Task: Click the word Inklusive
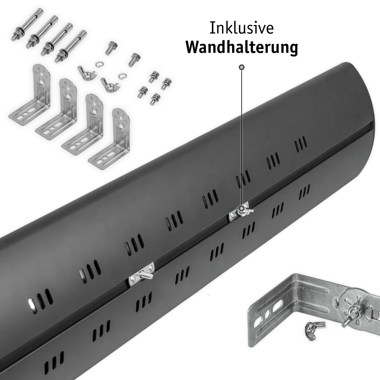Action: tap(241, 28)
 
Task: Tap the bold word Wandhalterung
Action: tap(242, 47)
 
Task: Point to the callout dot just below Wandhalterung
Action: tap(242, 67)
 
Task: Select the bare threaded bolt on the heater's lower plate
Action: tap(146, 275)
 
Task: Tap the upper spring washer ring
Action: tap(99, 64)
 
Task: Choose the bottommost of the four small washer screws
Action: tap(155, 99)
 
